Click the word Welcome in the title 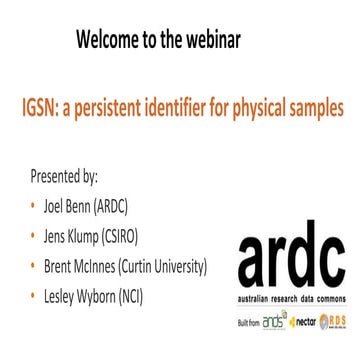112,40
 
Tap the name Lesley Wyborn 79,297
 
